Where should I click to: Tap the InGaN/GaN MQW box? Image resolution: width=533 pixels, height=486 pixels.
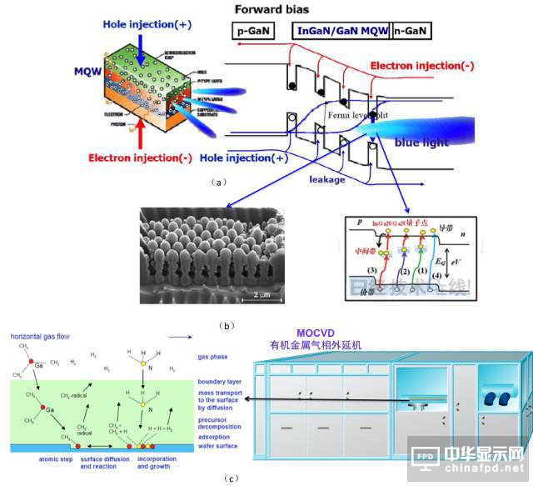coord(342,33)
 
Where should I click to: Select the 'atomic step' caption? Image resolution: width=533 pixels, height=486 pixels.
coord(55,459)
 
